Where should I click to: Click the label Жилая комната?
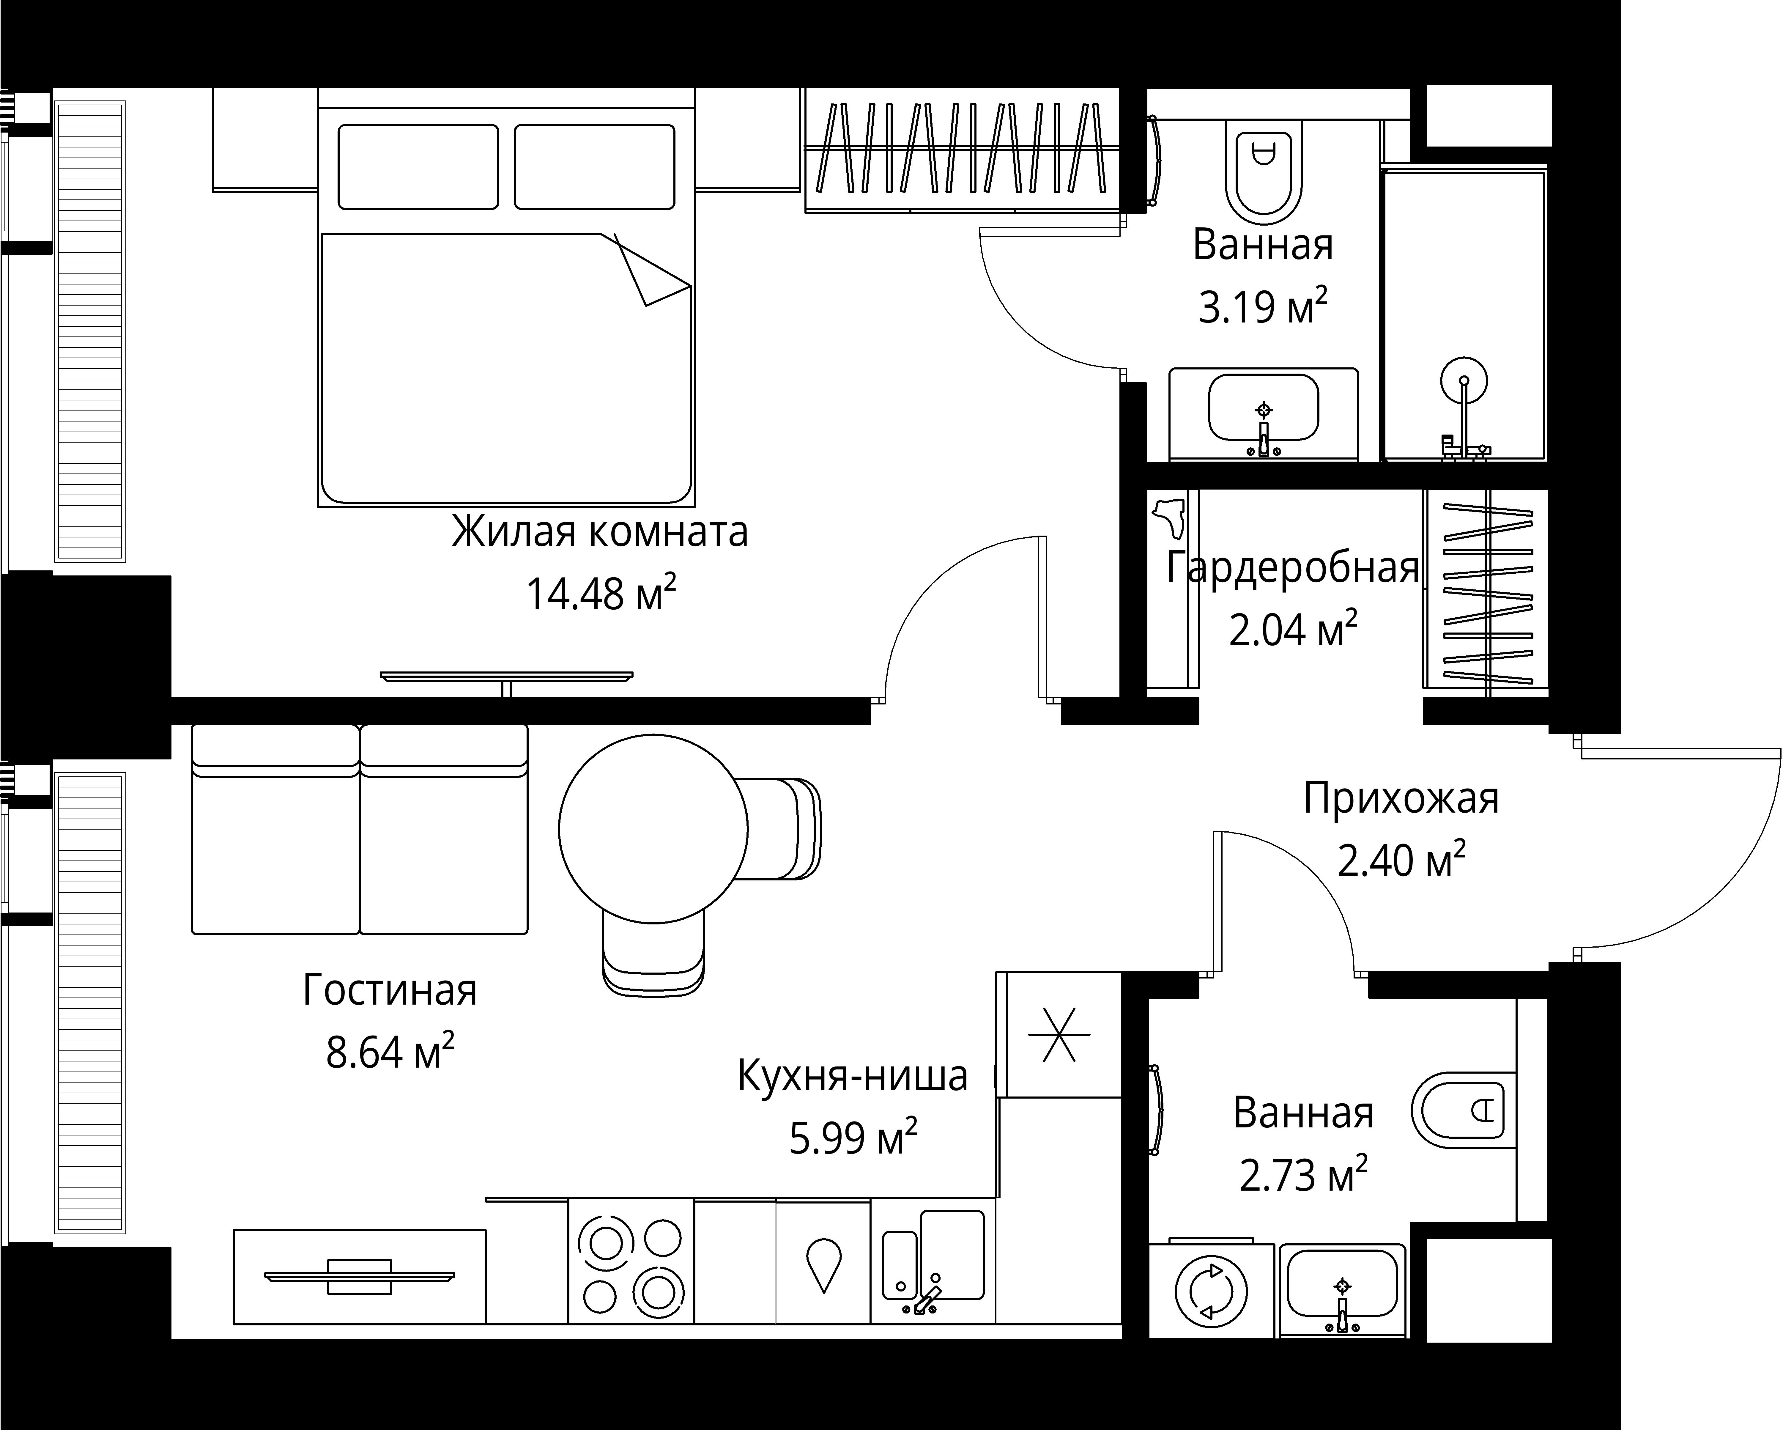(600, 532)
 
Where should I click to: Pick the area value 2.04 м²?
(1293, 630)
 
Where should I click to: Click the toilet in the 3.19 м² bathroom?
(1263, 174)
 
